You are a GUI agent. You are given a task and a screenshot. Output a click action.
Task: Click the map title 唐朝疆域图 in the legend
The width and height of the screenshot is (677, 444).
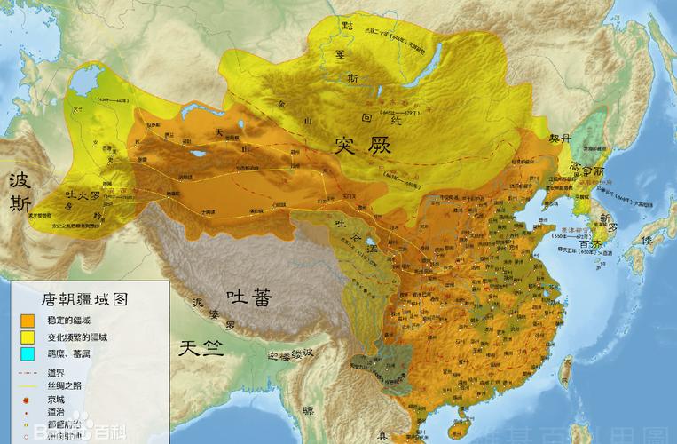(x=73, y=300)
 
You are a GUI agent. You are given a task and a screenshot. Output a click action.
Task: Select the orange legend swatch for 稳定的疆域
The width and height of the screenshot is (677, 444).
(x=28, y=319)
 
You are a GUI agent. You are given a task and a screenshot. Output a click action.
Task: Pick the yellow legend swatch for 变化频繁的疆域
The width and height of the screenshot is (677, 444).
(x=28, y=337)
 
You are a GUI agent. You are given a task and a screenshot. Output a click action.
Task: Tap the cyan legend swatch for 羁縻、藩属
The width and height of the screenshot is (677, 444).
(x=28, y=354)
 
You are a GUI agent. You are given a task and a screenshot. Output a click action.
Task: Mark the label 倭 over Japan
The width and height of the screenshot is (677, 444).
(x=651, y=241)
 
